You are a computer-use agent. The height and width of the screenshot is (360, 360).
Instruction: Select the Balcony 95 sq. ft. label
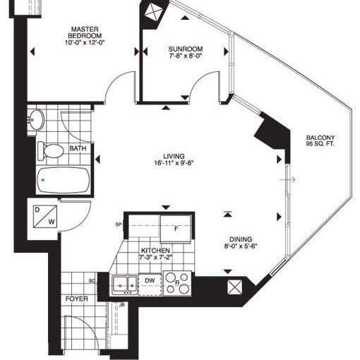[x=320, y=141]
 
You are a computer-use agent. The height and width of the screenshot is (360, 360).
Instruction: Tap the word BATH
[x=78, y=149]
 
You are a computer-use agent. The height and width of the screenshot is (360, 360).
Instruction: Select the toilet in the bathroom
[x=52, y=150]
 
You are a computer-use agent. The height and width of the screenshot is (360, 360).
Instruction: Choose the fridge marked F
[x=176, y=227]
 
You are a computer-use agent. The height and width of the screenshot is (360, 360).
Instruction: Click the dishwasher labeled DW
[x=149, y=283]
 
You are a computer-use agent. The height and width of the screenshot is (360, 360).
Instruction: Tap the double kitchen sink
[x=125, y=284]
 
